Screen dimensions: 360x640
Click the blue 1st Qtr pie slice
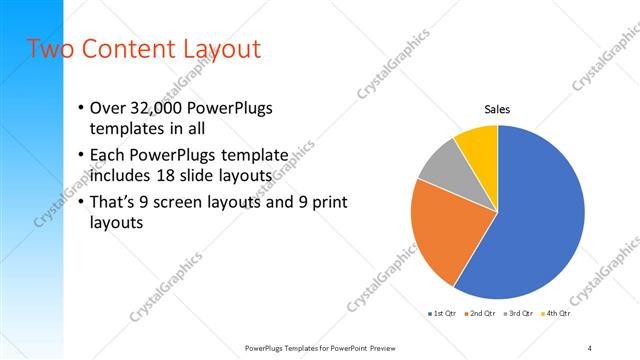point(540,220)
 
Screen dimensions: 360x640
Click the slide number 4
point(589,347)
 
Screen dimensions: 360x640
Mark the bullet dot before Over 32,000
point(81,108)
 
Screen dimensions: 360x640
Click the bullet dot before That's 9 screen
point(81,202)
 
